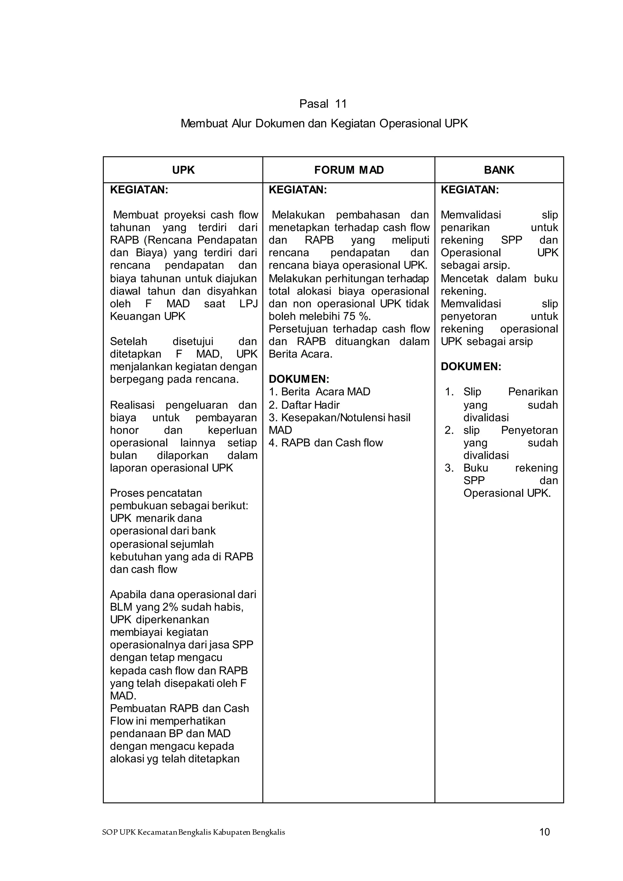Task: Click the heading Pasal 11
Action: click(x=323, y=104)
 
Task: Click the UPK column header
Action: click(x=183, y=170)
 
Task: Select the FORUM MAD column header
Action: click(x=349, y=170)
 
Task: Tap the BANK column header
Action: click(x=499, y=170)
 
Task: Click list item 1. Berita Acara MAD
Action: click(x=319, y=392)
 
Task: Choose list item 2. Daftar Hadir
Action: click(x=304, y=405)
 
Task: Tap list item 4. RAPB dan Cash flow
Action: click(x=326, y=443)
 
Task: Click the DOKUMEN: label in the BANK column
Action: click(x=471, y=367)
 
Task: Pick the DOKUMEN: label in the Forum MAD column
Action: click(x=299, y=379)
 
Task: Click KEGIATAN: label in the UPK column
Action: click(x=139, y=190)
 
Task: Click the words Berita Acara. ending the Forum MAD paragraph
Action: click(x=300, y=354)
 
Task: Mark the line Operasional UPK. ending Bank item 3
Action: click(x=507, y=493)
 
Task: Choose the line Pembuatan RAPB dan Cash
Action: click(x=179, y=708)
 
